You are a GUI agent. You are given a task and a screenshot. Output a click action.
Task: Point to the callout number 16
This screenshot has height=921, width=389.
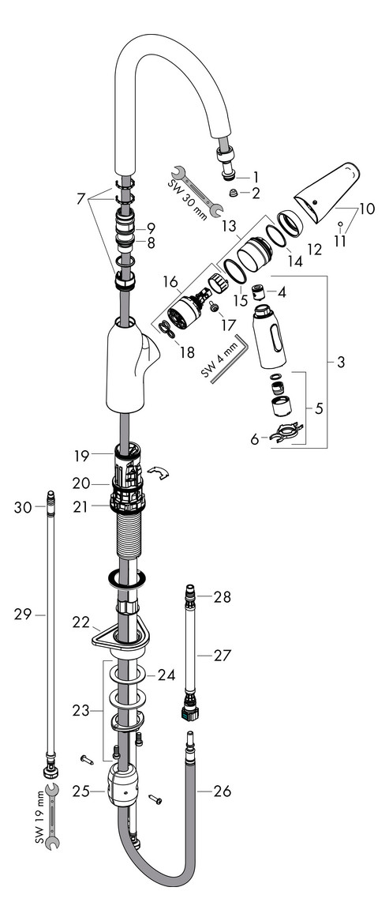coord(170,280)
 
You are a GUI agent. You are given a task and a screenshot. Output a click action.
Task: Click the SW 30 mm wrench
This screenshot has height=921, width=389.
coord(199,190)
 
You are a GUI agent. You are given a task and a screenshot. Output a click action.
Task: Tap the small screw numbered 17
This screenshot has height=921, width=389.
coord(214,310)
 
